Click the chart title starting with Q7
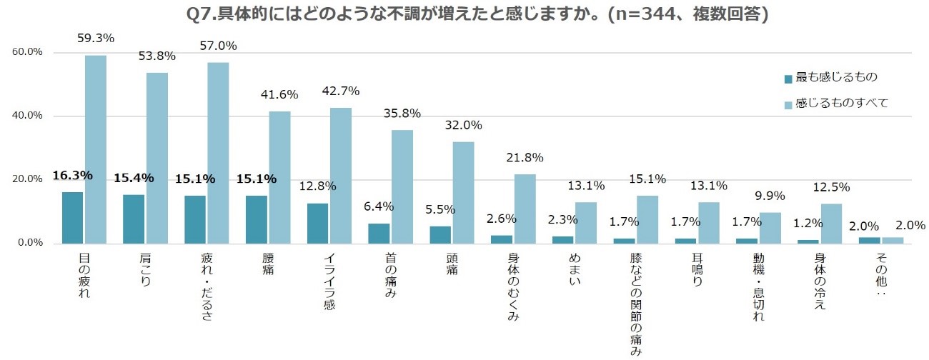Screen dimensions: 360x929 [464, 14]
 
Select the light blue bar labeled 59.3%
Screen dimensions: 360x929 [96, 149]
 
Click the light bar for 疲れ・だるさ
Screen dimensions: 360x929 [218, 153]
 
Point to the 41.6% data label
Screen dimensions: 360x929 [279, 94]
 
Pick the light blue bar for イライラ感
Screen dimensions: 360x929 [341, 176]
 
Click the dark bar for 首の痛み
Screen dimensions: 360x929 [379, 233]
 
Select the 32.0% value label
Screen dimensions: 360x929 [464, 125]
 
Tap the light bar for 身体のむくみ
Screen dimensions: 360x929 [525, 209]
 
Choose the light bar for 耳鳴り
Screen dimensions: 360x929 [709, 222]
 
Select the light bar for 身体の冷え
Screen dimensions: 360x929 [832, 223]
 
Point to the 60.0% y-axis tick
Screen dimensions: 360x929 [27, 52]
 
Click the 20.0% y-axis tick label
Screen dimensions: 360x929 [27, 179]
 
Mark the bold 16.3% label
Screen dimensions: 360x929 [72, 176]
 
